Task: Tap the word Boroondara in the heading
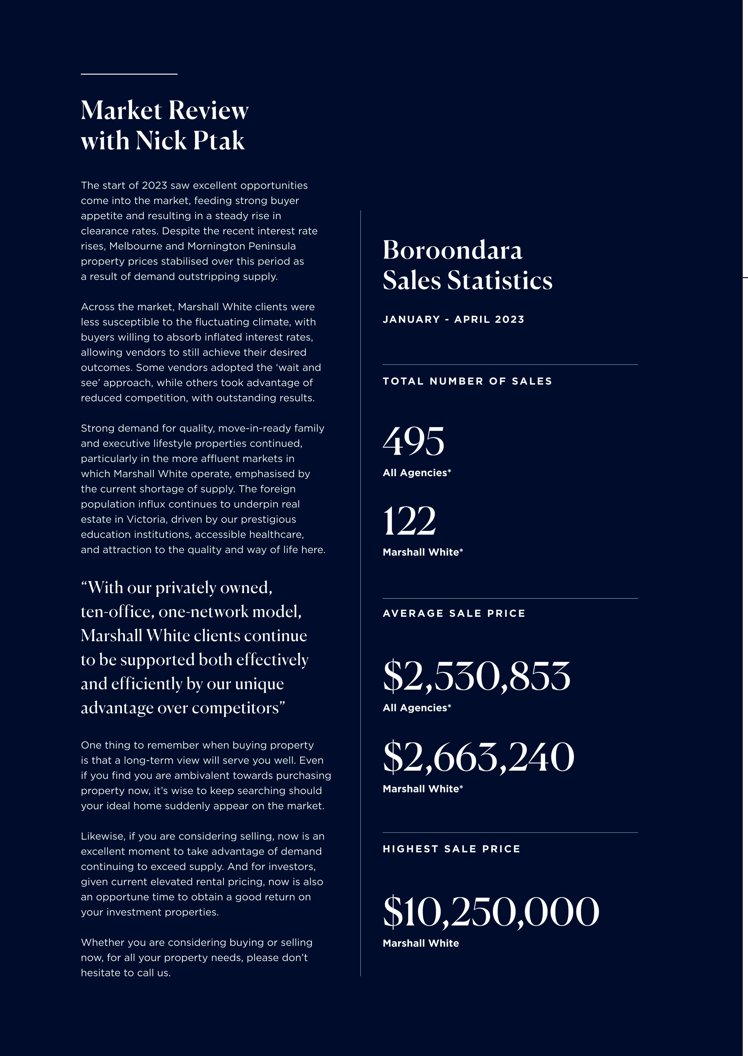click(452, 250)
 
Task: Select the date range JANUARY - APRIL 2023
click(453, 319)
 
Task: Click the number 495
click(413, 442)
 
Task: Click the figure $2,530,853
click(476, 676)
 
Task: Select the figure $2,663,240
click(478, 757)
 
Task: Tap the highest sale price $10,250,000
click(491, 912)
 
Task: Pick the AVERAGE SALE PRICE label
click(454, 613)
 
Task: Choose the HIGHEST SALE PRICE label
click(451, 849)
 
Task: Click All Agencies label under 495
click(416, 473)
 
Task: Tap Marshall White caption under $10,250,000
click(420, 943)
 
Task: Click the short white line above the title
click(129, 74)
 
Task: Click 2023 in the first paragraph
click(154, 185)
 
